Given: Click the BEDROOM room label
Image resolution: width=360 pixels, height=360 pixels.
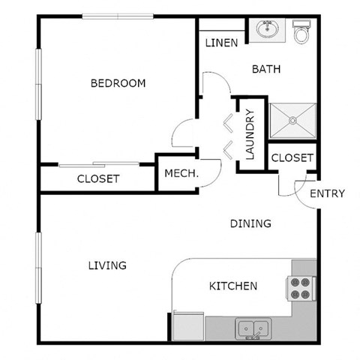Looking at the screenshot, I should (118, 83).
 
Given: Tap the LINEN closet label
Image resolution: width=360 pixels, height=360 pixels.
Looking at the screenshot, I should (221, 43).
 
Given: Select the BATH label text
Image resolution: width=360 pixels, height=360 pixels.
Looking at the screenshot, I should (265, 69).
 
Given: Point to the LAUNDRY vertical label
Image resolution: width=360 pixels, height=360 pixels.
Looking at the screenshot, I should (250, 135).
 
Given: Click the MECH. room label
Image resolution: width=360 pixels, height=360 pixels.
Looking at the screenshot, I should (181, 173).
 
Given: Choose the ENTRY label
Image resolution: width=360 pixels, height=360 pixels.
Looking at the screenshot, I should (327, 193).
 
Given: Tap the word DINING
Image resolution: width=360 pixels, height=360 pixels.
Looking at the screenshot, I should (250, 223).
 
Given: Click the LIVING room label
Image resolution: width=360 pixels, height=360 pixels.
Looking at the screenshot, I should (106, 265).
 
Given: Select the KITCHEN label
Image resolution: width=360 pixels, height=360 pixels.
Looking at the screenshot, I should (233, 286).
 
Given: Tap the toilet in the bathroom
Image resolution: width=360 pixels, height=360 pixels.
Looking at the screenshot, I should (302, 31).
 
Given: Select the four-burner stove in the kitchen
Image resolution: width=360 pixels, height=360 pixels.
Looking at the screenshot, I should (300, 289).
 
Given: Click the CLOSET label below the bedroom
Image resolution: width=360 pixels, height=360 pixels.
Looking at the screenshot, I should (98, 178).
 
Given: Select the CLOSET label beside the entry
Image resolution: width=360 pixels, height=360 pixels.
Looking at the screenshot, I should (292, 157).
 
